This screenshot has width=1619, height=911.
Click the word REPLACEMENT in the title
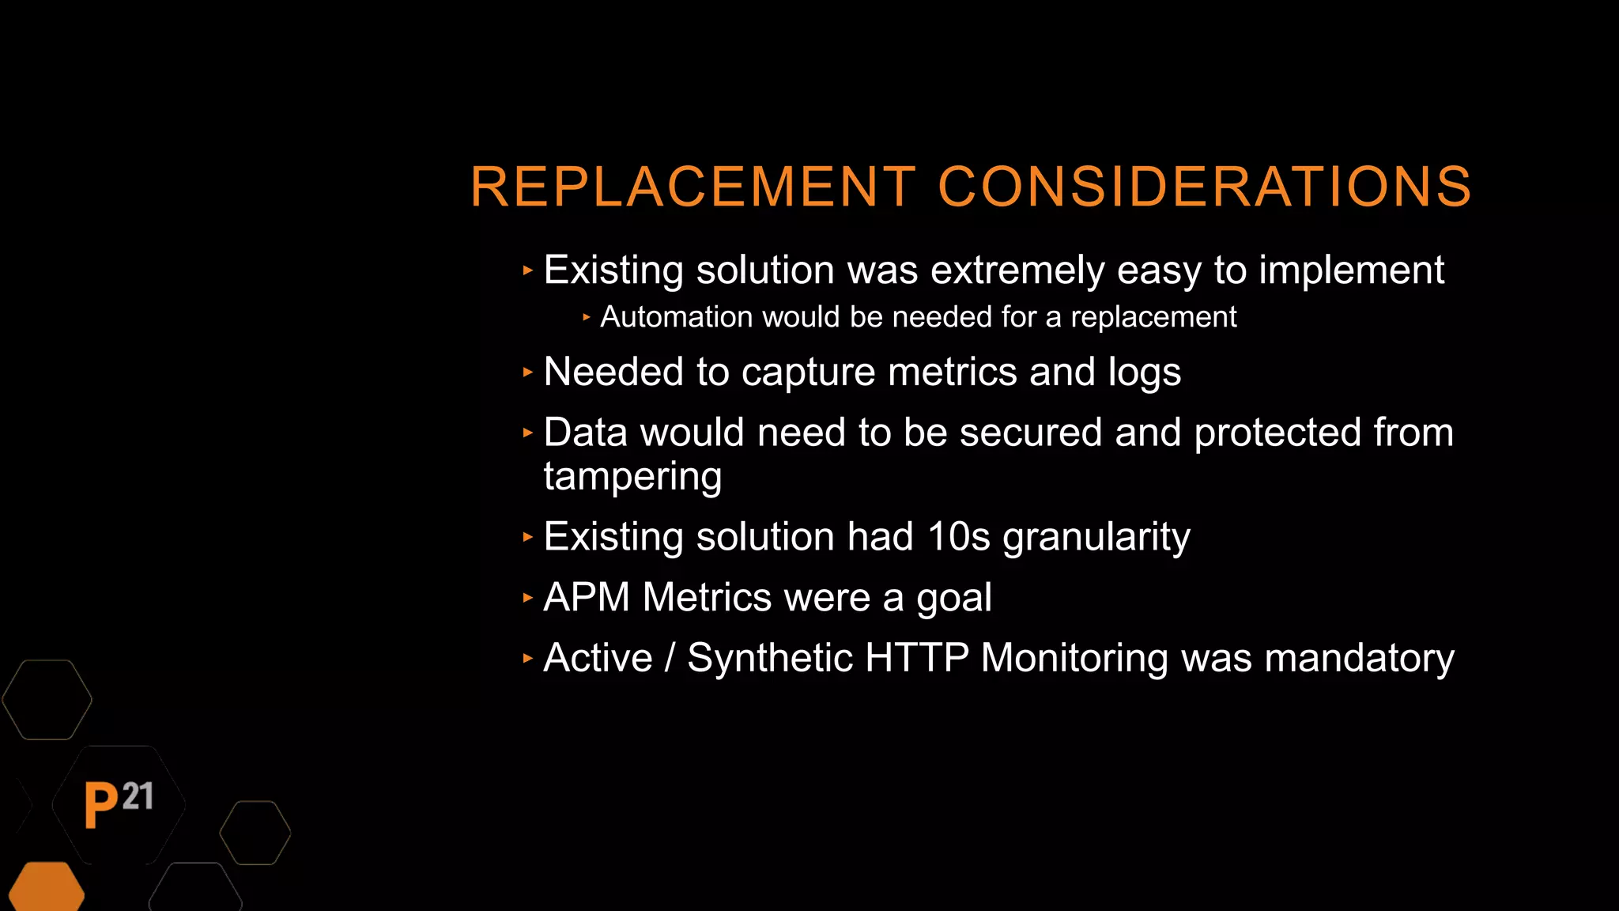[693, 187]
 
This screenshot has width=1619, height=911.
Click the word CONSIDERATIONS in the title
[1204, 187]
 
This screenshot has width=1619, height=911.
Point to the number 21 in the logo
[138, 796]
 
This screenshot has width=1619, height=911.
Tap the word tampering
[632, 477]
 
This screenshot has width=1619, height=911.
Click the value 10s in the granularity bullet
[958, 537]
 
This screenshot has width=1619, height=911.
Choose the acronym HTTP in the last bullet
[917, 658]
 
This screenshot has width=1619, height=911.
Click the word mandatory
[1359, 658]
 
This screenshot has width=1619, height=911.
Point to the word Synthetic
[770, 658]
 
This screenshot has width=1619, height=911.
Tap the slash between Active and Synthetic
[670, 658]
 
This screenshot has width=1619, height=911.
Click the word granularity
[1096, 538]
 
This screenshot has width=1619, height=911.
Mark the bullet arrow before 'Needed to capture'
[528, 372]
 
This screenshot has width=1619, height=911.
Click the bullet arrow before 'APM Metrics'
[528, 597]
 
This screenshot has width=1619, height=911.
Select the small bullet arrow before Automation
[587, 317]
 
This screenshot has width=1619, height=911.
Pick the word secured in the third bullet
[1031, 433]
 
